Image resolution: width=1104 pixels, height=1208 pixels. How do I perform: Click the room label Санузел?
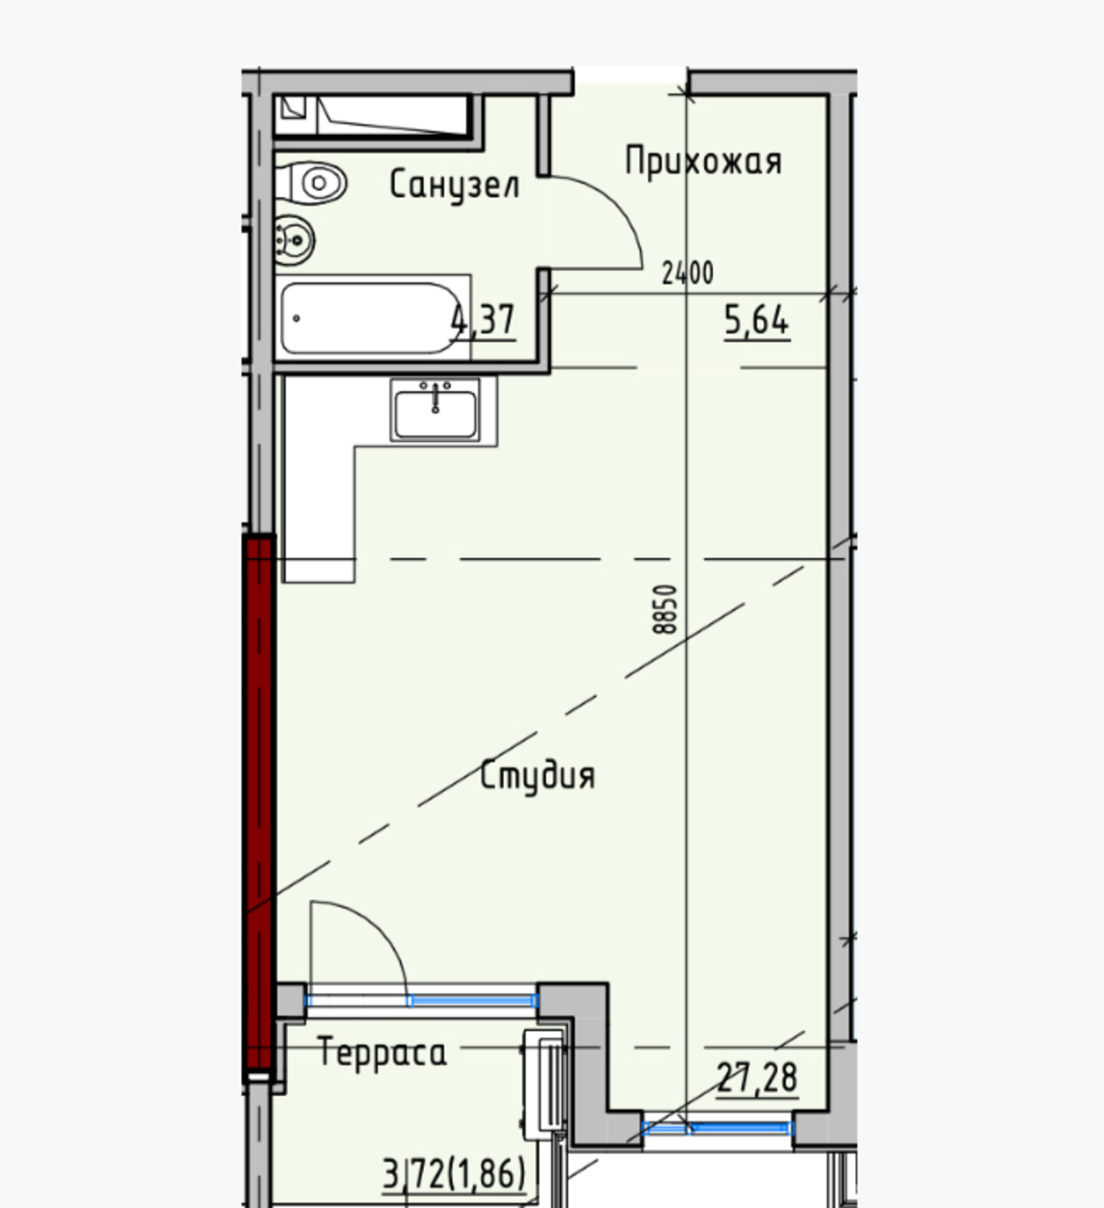point(454,184)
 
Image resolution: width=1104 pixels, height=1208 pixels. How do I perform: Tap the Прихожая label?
point(703,161)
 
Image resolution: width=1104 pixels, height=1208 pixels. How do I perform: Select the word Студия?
point(537,776)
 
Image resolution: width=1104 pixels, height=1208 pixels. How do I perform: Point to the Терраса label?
point(382,1051)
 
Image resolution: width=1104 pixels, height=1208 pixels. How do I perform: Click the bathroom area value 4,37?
point(483,320)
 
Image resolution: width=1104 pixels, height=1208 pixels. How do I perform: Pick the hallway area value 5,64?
point(757,320)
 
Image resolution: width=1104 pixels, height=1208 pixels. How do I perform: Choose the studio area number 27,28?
point(757,1077)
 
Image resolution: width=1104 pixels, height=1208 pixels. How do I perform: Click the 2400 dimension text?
point(687,273)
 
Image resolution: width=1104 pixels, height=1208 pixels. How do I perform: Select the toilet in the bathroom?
point(312,183)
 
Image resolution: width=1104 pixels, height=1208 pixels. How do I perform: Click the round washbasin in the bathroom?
point(294,240)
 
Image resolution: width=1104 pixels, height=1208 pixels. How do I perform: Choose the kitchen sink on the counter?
point(435,410)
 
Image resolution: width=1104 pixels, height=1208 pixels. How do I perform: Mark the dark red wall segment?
point(259,804)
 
